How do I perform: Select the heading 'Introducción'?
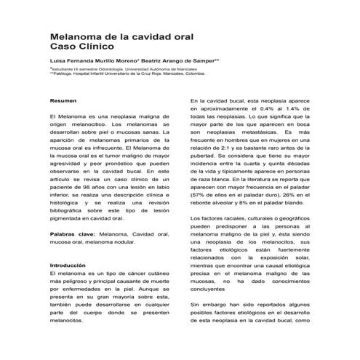[68, 265]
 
